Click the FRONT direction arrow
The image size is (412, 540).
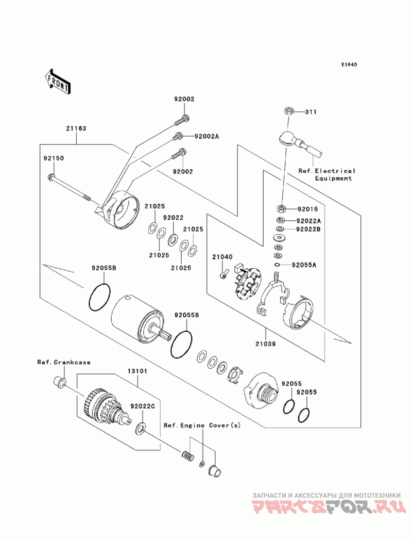[x=58, y=81]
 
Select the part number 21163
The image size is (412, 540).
[x=76, y=128]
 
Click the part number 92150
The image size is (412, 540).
[x=54, y=158]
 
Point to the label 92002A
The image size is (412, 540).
[x=207, y=136]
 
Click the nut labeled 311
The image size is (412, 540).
[x=289, y=111]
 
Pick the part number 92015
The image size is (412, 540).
[x=308, y=209]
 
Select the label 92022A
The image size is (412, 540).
[x=309, y=221]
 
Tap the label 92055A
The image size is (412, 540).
[x=304, y=265]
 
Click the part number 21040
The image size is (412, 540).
[x=222, y=256]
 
